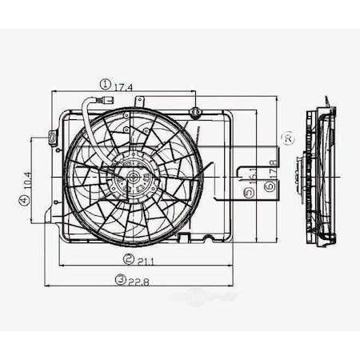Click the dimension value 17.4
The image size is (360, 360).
pyautogui.click(x=124, y=84)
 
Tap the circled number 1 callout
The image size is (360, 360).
pyautogui.click(x=105, y=83)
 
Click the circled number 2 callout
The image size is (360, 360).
pyautogui.click(x=127, y=259)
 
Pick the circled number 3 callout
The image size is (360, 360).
pyautogui.click(x=119, y=279)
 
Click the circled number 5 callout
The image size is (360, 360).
pyautogui.click(x=251, y=192)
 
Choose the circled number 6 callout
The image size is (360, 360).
pyautogui.click(x=270, y=186)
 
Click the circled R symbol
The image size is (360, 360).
pyautogui.click(x=286, y=138)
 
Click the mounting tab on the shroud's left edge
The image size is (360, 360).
pyautogui.click(x=53, y=139)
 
